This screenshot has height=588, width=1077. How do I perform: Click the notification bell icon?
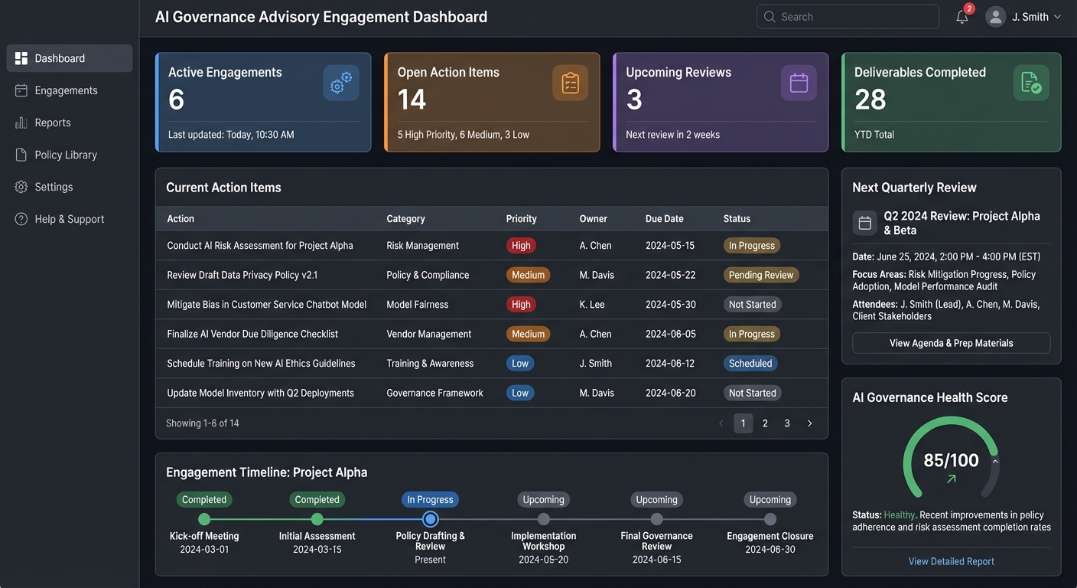click(962, 17)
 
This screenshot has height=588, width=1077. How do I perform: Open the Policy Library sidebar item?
click(66, 155)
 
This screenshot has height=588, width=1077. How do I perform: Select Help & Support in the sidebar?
click(69, 219)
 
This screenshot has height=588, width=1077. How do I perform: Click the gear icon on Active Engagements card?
click(341, 83)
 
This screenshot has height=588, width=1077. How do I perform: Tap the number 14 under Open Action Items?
click(412, 100)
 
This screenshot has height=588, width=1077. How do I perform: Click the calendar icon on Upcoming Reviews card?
click(799, 83)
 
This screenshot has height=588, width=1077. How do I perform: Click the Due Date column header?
click(664, 219)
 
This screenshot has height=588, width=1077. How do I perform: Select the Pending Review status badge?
click(761, 275)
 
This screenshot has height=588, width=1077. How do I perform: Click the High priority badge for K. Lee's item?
click(521, 305)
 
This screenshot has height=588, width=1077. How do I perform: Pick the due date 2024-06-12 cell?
click(670, 364)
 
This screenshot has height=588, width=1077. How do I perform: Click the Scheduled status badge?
click(750, 364)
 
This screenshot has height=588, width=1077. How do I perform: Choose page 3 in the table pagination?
click(787, 423)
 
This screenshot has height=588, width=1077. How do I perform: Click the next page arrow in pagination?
click(810, 423)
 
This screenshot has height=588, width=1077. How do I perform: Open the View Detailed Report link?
click(951, 561)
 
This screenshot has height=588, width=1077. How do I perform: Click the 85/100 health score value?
click(951, 460)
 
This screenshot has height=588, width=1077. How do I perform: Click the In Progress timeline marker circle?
click(430, 519)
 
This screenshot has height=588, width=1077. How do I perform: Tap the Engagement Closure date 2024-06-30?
click(770, 550)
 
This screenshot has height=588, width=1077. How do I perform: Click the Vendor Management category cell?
click(429, 334)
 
